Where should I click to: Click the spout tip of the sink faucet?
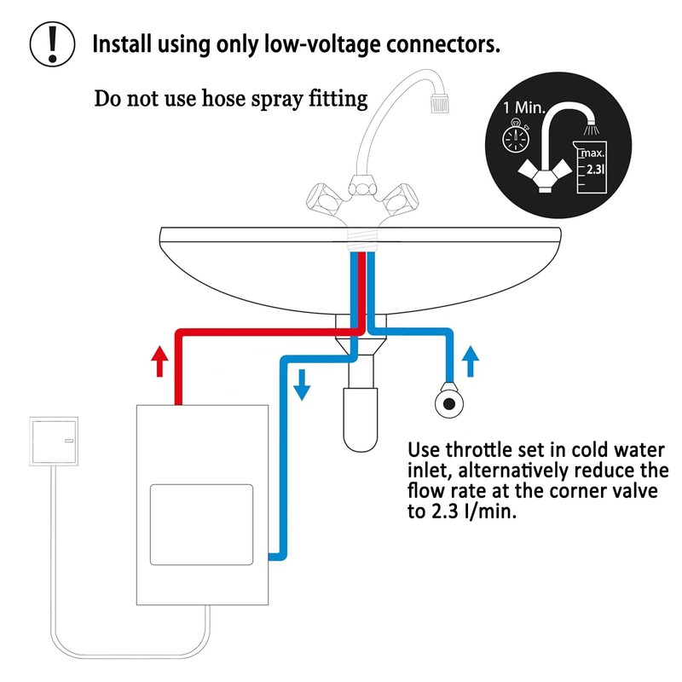(x=437, y=101)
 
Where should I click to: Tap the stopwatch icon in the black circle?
(x=514, y=138)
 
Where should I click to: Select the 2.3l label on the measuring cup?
(x=595, y=169)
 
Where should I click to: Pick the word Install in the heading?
(x=124, y=43)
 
